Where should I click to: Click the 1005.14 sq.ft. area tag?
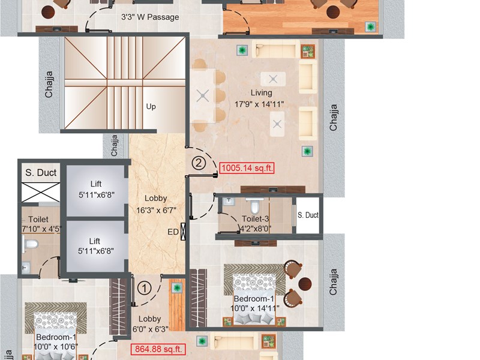point(247,168)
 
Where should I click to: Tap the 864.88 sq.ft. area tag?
point(158,349)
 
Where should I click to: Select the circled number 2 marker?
point(199,163)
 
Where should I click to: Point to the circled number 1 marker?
point(144,288)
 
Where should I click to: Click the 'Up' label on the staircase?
point(151,107)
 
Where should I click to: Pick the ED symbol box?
point(184,232)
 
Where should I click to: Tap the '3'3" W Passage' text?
point(150,17)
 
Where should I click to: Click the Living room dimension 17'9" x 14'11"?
point(259,104)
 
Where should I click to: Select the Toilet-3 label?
point(256,219)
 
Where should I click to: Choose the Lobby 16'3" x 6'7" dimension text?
point(156,211)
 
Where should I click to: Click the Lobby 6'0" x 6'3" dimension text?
point(151,329)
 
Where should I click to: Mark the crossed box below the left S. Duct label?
point(40,193)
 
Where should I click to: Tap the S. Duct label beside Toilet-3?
point(308,215)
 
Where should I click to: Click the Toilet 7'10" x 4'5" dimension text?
point(41,229)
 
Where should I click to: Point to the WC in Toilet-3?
point(254,205)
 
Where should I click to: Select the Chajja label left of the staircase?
point(49,85)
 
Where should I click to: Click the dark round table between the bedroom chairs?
point(305,284)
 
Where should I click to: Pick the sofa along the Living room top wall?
point(275,49)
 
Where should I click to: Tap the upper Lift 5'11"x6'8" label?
point(97,190)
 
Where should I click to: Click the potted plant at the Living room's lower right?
point(307,151)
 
